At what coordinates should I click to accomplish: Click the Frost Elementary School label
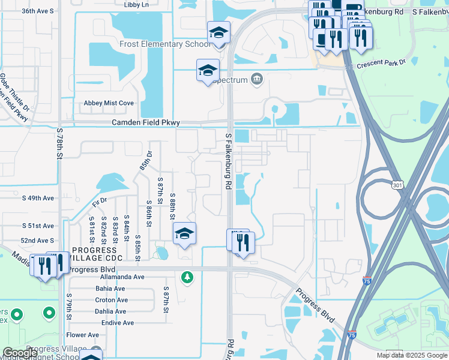point(164,44)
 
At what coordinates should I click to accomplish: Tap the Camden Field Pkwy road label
point(146,122)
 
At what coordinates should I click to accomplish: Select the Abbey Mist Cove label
point(109,103)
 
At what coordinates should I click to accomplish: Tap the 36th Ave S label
point(38,11)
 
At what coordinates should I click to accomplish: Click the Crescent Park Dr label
point(381,62)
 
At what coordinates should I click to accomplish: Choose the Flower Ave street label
point(83,335)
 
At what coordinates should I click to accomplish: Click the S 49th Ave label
point(38,197)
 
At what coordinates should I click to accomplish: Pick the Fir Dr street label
point(100,202)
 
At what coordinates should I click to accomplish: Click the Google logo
point(20,353)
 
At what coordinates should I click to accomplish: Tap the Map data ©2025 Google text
point(411,355)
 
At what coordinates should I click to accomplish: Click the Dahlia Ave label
point(110,311)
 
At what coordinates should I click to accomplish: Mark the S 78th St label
point(59,143)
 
